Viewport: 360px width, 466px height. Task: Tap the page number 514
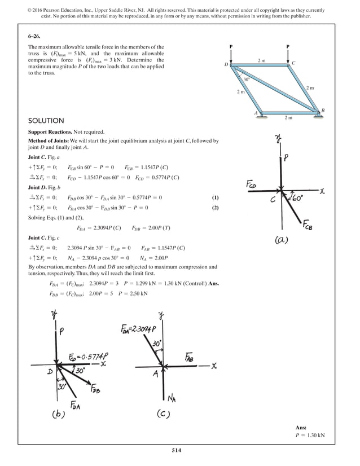coord(179,450)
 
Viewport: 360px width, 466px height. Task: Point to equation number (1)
coord(214,197)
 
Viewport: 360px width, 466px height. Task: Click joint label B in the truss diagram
coord(323,109)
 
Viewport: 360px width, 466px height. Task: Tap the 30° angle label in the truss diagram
coord(247,80)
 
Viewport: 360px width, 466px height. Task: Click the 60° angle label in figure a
coord(297,198)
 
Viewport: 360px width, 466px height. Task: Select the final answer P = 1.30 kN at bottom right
coord(310,435)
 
